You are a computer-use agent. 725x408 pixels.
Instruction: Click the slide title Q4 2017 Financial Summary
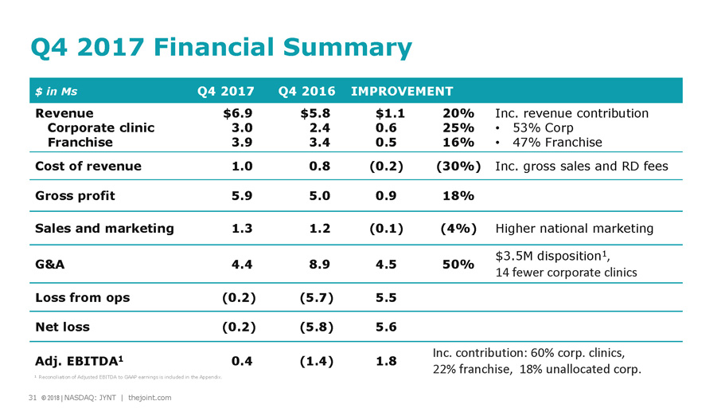pyautogui.click(x=220, y=49)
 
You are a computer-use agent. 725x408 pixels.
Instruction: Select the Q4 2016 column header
pyautogui.click(x=307, y=91)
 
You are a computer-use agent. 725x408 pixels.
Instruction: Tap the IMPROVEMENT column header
pyautogui.click(x=401, y=91)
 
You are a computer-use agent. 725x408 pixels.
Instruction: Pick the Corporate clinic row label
pyautogui.click(x=101, y=127)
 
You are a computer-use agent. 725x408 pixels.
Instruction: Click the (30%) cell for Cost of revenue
pyautogui.click(x=457, y=167)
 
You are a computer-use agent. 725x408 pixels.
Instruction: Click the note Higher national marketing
pyautogui.click(x=574, y=229)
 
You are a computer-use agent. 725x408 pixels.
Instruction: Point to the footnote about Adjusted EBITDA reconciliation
pyautogui.click(x=128, y=377)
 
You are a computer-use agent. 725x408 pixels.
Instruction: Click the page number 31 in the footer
pyautogui.click(x=32, y=398)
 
